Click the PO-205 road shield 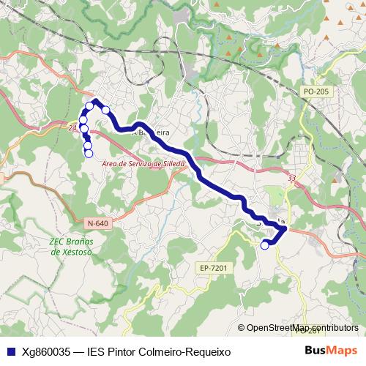315,91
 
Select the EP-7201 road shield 214,269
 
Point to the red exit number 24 72,128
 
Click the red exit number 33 292,178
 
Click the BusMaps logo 332,351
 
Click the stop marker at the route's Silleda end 265,246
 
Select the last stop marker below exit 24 89,153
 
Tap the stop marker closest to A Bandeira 105,110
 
